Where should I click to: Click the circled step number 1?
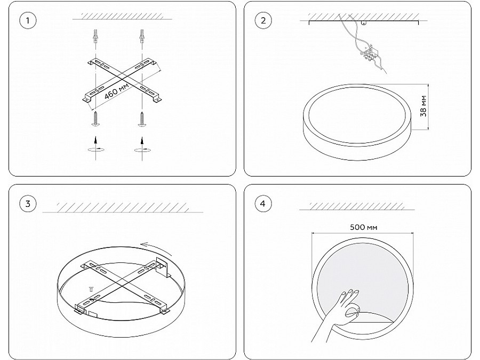coord(28,21)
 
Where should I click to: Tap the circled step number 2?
coord(263,21)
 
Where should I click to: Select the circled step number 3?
coord(28,204)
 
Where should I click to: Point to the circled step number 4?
coord(263,204)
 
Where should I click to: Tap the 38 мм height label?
coord(423,106)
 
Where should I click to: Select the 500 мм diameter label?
coord(363,227)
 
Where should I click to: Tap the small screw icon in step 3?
coord(91,289)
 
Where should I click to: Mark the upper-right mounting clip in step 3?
coord(163,266)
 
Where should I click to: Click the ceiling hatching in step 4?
coord(357,206)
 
